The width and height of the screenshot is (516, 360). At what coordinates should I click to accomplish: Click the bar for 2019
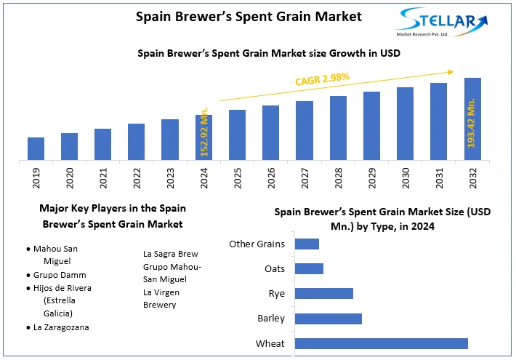coord(36,148)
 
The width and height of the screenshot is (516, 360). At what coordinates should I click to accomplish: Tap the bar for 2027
coord(305,130)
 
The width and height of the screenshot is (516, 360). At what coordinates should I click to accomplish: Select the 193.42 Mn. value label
coord(472,124)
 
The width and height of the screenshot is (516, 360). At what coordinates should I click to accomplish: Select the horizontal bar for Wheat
coord(381,343)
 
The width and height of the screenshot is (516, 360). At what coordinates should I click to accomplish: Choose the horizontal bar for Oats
coord(309,269)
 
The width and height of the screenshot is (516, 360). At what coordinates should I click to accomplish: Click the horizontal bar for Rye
coord(323,294)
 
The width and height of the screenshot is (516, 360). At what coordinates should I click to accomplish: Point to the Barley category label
coord(271,319)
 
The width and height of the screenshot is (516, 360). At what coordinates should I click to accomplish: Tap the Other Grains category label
coord(257,244)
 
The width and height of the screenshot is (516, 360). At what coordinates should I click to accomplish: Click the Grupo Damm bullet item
coord(60,275)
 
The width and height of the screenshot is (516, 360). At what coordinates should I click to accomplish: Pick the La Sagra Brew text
coord(171,254)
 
